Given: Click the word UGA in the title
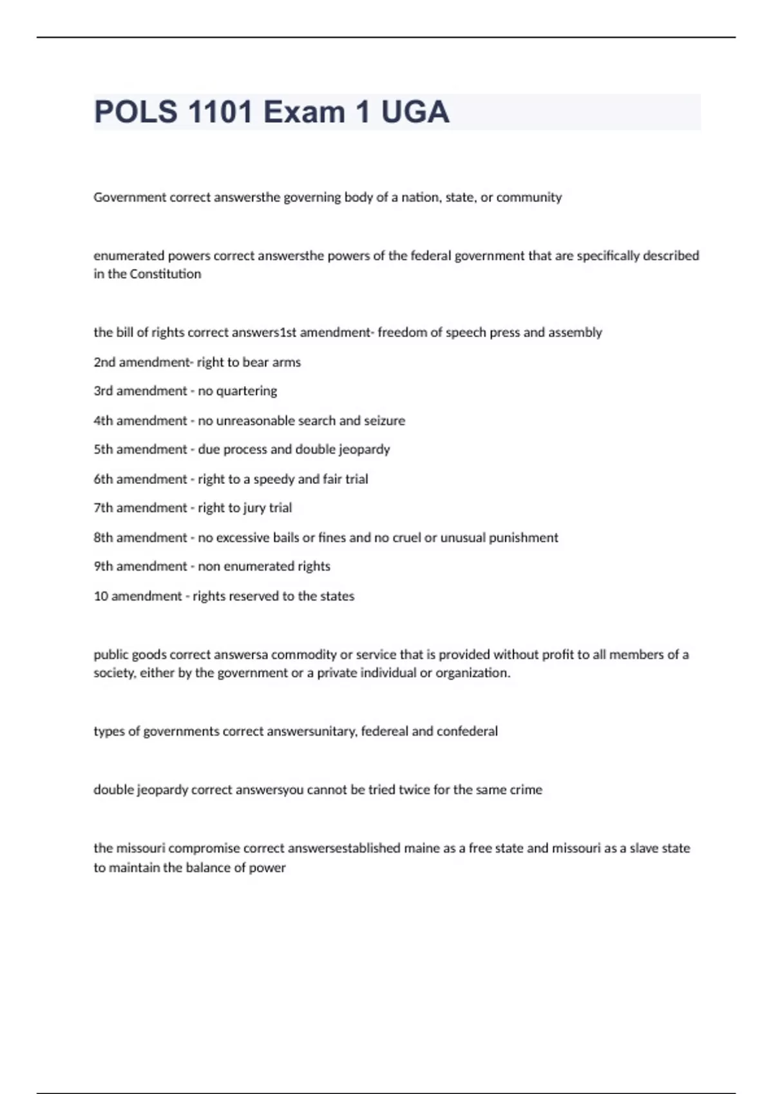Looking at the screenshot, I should click(x=415, y=112).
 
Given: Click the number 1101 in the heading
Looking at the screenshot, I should click(x=220, y=112).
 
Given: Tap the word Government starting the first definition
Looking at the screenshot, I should click(x=129, y=197).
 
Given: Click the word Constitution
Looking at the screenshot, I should click(x=166, y=274).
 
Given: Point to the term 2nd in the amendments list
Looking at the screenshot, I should click(x=104, y=362).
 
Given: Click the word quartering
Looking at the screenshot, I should click(x=246, y=391).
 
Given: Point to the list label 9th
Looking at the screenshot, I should click(x=103, y=566).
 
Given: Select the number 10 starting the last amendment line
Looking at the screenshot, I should click(x=100, y=596).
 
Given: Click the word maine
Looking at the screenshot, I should click(x=421, y=848).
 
